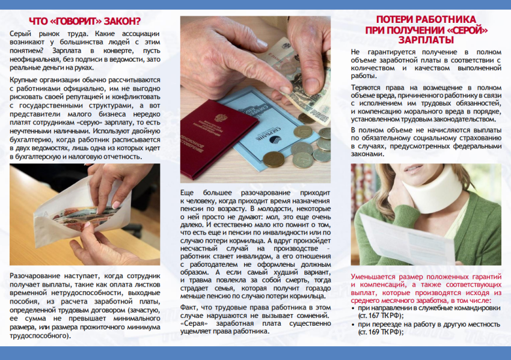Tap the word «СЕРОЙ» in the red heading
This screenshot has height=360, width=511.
[x=465, y=29]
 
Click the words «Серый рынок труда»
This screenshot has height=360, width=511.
[x=41, y=32]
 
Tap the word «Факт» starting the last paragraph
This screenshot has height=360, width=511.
[x=190, y=306]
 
